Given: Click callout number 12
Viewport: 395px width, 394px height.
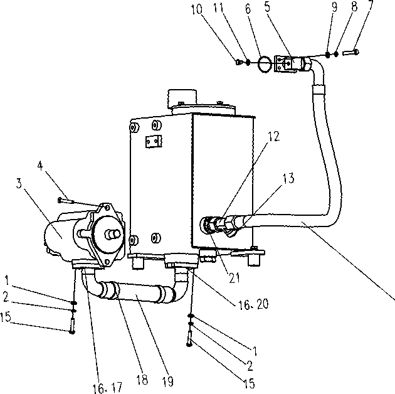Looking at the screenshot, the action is point(273,136).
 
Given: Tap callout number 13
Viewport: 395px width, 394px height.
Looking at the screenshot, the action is point(288,178).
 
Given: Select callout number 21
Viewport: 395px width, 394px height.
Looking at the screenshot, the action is point(234,278).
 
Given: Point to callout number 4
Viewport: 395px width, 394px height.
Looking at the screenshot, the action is point(40,166).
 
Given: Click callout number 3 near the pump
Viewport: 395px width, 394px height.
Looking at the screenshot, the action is point(19,183).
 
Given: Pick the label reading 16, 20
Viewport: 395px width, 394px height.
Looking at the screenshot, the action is point(253,304).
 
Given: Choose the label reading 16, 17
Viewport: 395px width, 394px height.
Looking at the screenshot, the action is point(108,388).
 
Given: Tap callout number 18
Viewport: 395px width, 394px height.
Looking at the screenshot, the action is point(142,380).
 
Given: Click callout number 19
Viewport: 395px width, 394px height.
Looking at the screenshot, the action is point(168,381).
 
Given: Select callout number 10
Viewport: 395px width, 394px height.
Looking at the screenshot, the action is point(196,9).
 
